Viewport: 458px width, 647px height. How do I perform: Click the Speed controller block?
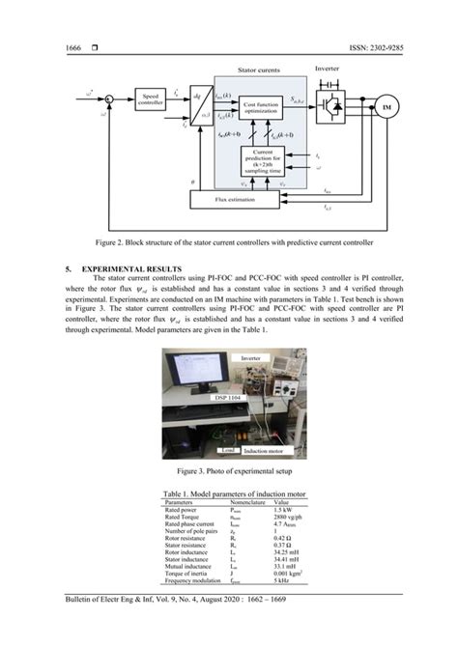click(x=152, y=98)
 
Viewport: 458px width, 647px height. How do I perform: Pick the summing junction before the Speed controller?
click(x=109, y=98)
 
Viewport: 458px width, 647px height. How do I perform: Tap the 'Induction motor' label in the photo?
click(x=267, y=450)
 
